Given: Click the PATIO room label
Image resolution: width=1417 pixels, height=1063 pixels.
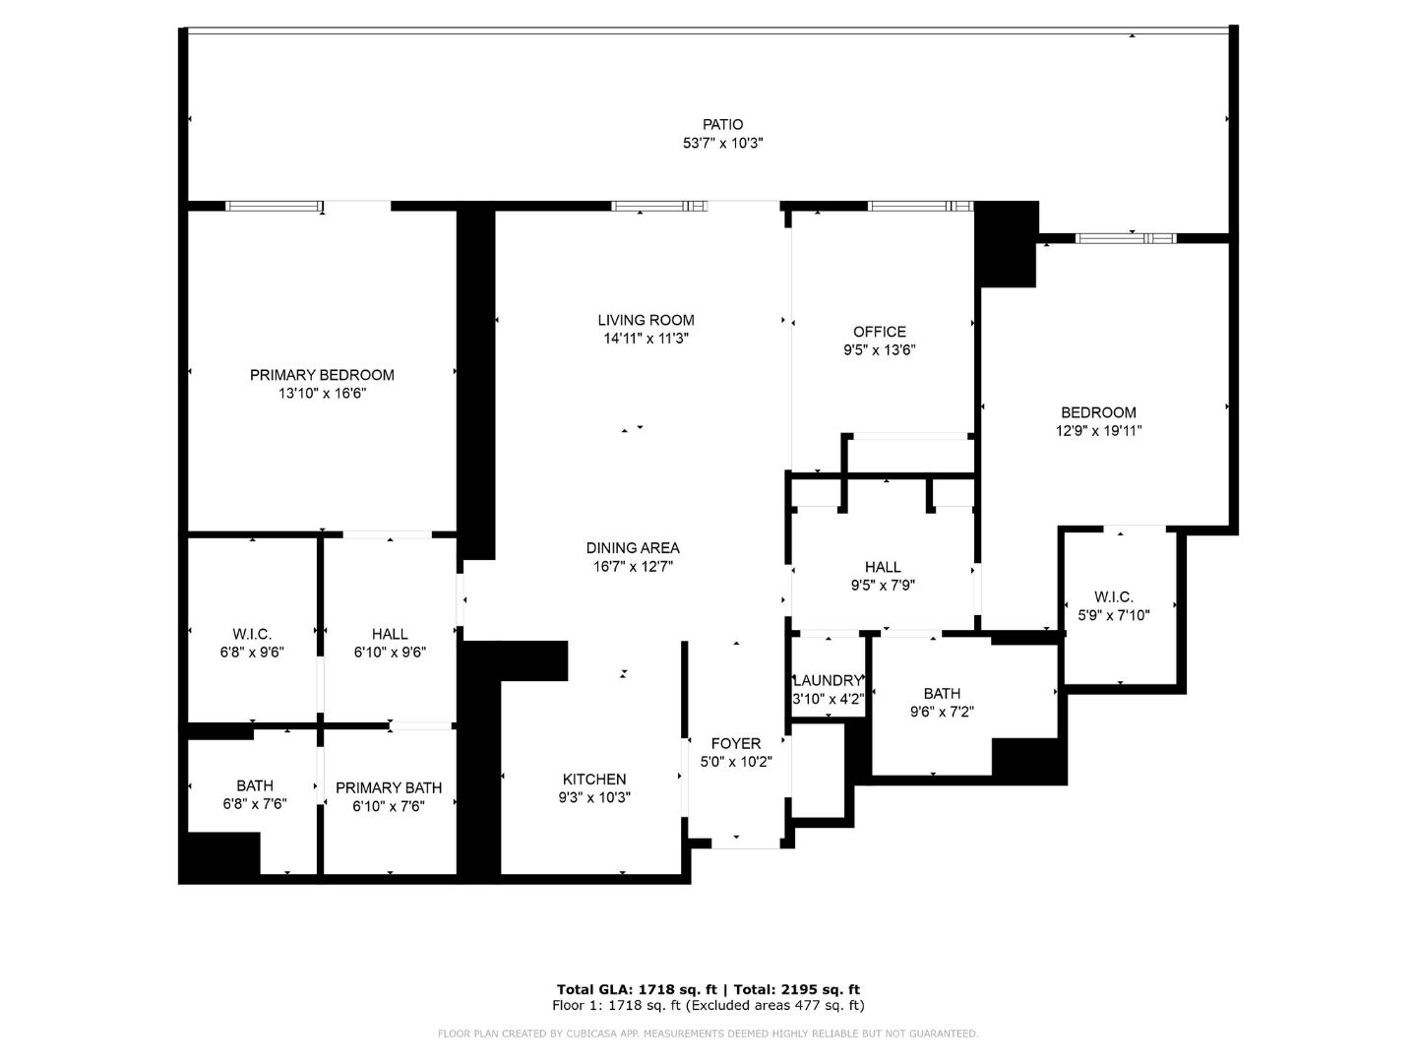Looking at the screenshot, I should pyautogui.click(x=722, y=125).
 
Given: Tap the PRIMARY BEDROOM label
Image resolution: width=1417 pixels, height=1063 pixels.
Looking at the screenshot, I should pyautogui.click(x=322, y=375).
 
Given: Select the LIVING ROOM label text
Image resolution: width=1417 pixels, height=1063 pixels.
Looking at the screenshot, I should pyautogui.click(x=646, y=320).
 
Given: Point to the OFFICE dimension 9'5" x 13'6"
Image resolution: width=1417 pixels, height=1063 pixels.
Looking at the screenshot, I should pyautogui.click(x=879, y=349).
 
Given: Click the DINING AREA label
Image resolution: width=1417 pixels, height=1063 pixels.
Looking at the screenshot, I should pyautogui.click(x=632, y=548).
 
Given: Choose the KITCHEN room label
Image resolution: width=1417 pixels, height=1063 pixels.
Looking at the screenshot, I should pyautogui.click(x=594, y=779).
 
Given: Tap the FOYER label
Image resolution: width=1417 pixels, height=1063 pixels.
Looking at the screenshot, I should pyautogui.click(x=735, y=744).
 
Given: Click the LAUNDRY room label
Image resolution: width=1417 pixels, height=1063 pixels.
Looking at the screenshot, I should pyautogui.click(x=828, y=680).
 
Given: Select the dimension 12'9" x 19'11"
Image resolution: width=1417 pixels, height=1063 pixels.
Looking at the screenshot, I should pyautogui.click(x=1098, y=430).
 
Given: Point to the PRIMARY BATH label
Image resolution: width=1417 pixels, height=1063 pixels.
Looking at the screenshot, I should pyautogui.click(x=389, y=787).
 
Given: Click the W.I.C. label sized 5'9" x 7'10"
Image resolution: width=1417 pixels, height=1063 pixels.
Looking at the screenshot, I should pyautogui.click(x=1113, y=597).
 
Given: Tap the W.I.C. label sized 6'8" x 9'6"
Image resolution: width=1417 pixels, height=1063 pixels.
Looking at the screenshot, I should pyautogui.click(x=252, y=634).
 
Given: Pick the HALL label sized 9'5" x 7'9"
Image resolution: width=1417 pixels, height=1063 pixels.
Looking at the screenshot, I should pyautogui.click(x=883, y=567).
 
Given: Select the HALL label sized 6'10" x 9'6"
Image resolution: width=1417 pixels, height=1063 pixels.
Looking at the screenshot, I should pyautogui.click(x=390, y=634).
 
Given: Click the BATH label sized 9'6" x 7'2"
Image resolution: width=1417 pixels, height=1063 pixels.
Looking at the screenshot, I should pyautogui.click(x=942, y=693).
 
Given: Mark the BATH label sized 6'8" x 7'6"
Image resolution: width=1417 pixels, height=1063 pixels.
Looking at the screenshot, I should pyautogui.click(x=255, y=785).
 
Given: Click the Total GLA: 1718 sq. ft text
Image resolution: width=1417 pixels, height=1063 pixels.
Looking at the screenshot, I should pyautogui.click(x=637, y=989).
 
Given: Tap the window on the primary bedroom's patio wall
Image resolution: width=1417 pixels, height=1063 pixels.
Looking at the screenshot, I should pyautogui.click(x=275, y=206).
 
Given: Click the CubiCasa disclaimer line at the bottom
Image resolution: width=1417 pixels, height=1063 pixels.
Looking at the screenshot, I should pyautogui.click(x=708, y=1033).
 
